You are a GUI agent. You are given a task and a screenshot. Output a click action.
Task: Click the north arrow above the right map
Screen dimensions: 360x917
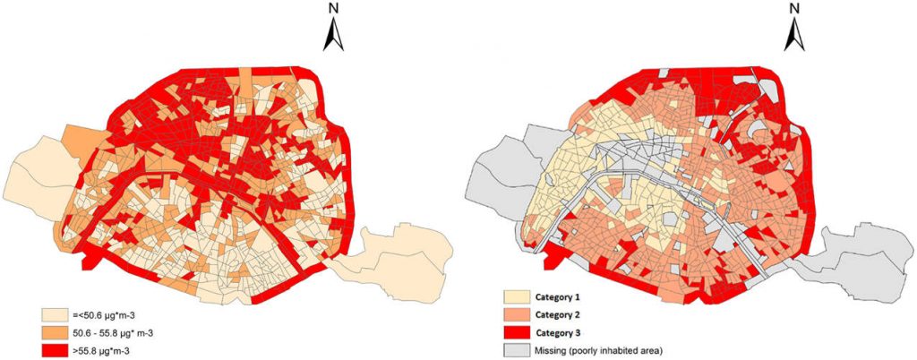click(x=793, y=36)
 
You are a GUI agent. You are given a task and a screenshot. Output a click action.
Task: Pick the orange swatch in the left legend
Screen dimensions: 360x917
click(x=53, y=332)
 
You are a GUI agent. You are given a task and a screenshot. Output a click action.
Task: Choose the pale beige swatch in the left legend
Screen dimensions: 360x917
click(x=53, y=315)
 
